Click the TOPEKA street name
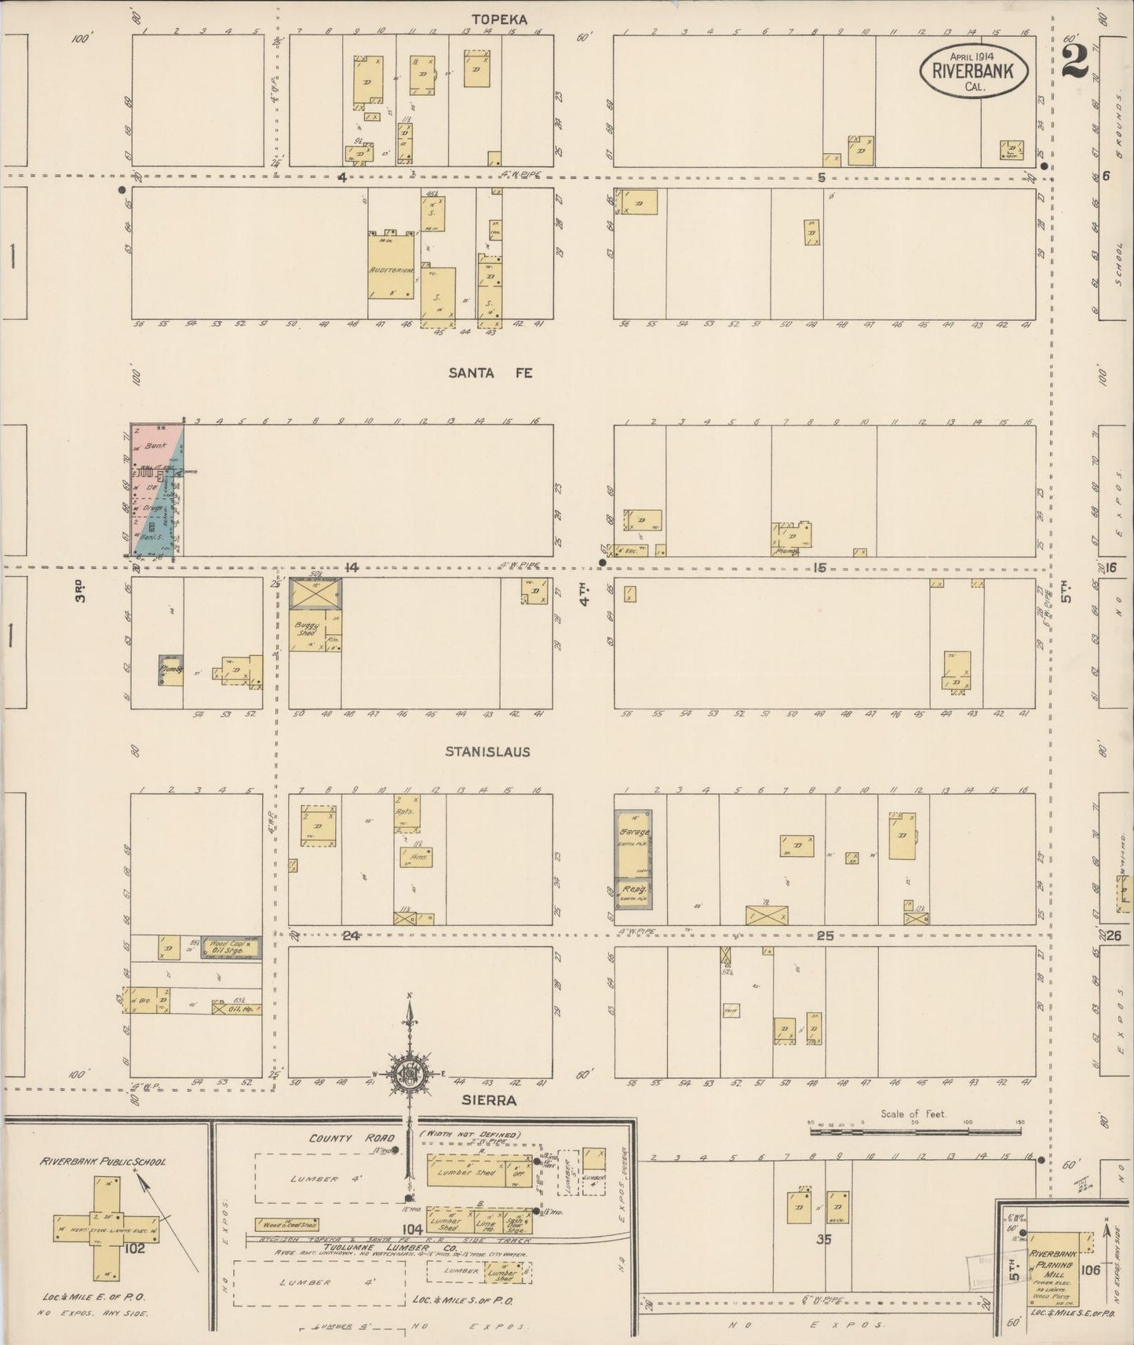tap(498, 20)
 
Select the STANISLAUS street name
tap(487, 752)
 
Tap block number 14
tap(351, 567)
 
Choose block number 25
tap(824, 935)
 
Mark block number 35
tap(823, 1240)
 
